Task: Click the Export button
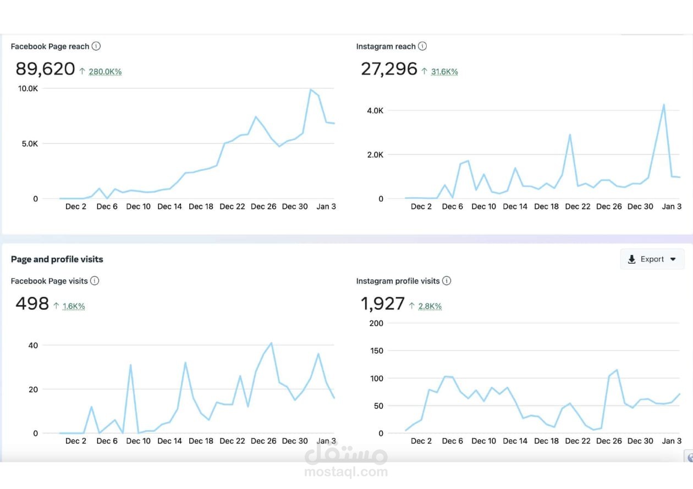click(652, 259)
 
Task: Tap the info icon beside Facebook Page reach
click(96, 46)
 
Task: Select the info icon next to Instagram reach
click(422, 46)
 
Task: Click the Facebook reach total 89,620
click(45, 69)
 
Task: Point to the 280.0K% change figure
click(105, 71)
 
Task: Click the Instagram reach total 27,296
click(389, 69)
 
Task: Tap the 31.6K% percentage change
click(444, 71)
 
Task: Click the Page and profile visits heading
click(57, 259)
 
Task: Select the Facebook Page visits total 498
click(32, 304)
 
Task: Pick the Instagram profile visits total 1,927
click(383, 304)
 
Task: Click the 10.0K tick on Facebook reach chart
click(28, 88)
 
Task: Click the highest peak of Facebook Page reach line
click(311, 90)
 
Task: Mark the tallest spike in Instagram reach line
click(664, 104)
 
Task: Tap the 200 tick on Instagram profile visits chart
click(376, 323)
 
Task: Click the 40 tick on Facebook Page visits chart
click(32, 345)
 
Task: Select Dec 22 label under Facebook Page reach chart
click(232, 207)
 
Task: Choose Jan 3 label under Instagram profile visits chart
click(672, 441)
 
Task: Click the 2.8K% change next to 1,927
click(430, 306)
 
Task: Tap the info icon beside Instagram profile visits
click(447, 281)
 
